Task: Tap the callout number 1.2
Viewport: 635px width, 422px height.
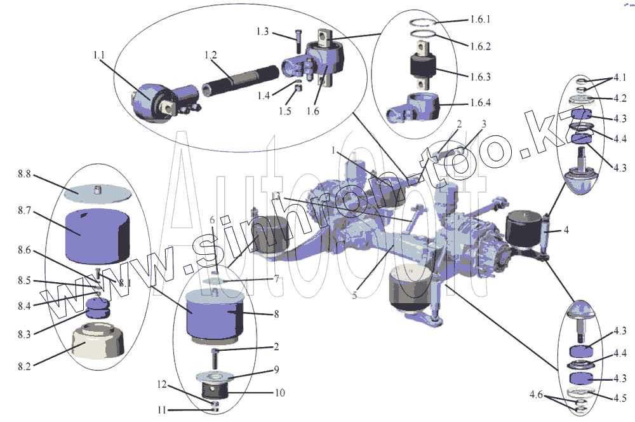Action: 211,56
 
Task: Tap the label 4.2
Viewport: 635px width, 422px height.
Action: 620,98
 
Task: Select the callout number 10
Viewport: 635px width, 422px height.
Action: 279,393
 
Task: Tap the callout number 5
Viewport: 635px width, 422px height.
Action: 355,295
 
